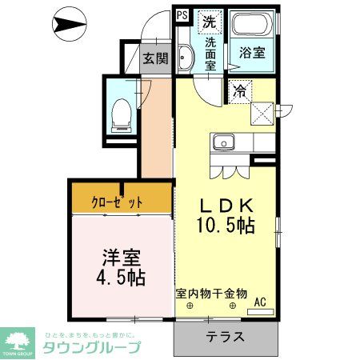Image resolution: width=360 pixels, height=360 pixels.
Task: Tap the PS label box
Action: [182, 14]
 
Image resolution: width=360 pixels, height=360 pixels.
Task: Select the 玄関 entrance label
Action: [155, 58]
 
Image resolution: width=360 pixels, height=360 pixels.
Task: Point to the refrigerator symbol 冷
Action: [239, 91]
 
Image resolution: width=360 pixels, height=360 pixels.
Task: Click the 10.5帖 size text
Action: [226, 226]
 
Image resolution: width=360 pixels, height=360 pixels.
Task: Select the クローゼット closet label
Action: [117, 202]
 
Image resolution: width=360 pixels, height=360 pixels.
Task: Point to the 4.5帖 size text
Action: [122, 278]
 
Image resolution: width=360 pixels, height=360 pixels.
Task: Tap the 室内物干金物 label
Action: [211, 293]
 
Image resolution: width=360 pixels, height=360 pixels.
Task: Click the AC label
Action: [259, 302]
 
